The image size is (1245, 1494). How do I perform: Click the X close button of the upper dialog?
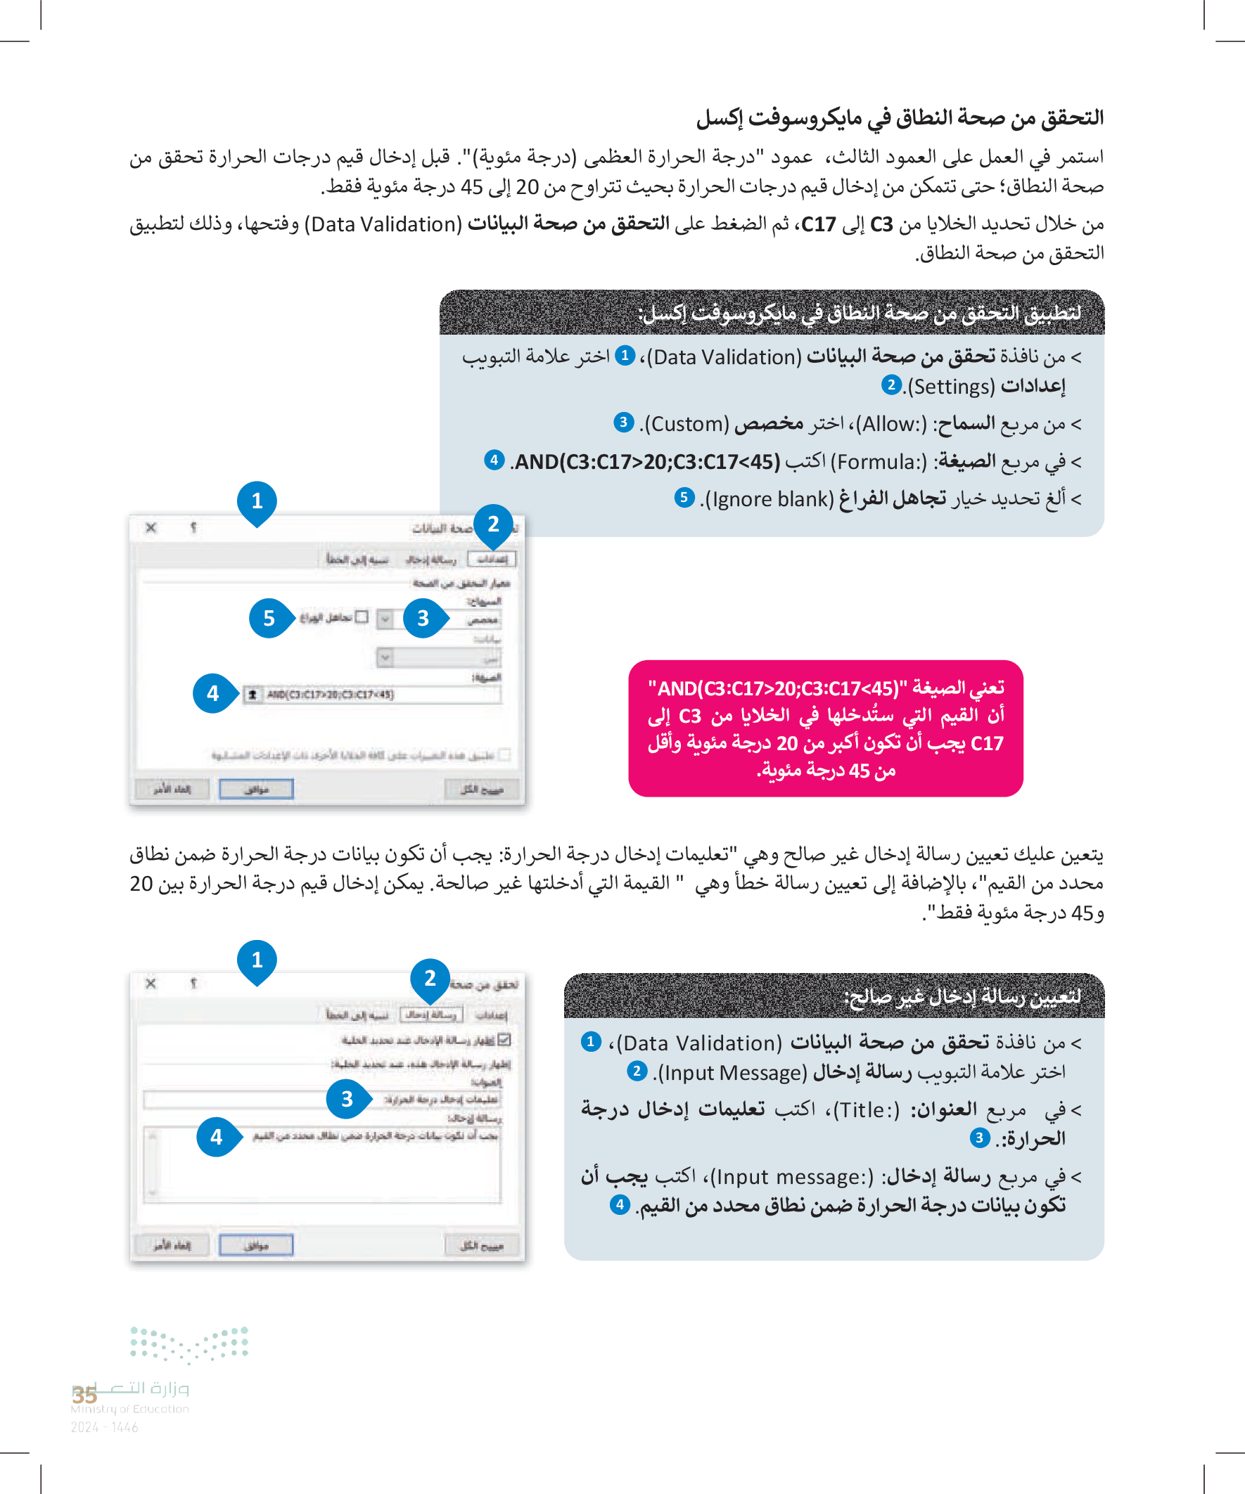151,528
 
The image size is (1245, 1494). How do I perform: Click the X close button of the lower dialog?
151,984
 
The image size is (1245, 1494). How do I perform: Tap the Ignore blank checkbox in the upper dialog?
362,617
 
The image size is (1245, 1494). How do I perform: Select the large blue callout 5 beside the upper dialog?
269,618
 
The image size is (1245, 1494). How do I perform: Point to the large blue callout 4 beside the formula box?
213,693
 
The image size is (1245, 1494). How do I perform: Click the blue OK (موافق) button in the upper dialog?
256,789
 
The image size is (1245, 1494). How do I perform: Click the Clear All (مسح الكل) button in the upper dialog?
482,789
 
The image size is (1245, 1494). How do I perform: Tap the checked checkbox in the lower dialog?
505,1040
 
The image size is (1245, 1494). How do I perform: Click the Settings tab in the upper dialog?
493,559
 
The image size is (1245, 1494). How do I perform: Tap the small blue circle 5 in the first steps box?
684,497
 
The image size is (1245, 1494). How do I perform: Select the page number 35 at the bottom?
84,1394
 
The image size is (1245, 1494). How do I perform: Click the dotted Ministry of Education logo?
189,1344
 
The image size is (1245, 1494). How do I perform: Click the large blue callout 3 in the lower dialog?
347,1099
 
